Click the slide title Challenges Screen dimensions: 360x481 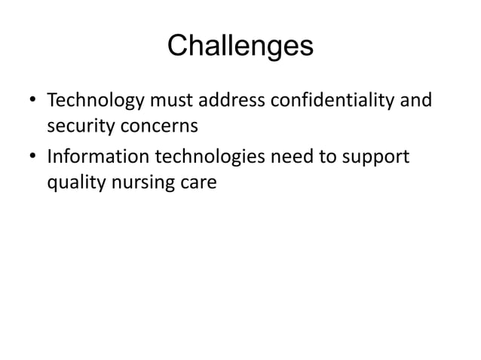coord(240,47)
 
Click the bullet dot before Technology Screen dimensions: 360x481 coord(32,100)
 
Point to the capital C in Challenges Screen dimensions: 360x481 coord(178,47)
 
